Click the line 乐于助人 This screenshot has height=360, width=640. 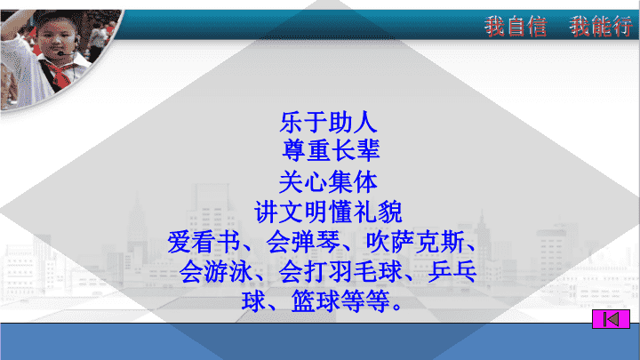click(328, 123)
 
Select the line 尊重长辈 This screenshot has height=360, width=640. click(331, 150)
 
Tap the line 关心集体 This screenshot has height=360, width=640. click(328, 182)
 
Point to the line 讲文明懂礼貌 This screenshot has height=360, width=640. click(328, 212)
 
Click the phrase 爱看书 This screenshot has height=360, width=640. click(204, 242)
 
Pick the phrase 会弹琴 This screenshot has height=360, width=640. click(302, 242)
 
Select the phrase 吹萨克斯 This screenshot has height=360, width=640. click(415, 242)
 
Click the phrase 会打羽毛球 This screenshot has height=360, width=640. click(340, 272)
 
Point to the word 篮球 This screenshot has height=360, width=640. click(316, 301)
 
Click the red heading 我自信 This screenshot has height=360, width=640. click(516, 27)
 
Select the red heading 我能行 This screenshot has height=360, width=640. click(601, 27)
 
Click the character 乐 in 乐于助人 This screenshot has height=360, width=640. click(292, 123)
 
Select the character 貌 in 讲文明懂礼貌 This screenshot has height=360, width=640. click(390, 212)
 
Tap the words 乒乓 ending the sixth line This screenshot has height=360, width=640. click(452, 272)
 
